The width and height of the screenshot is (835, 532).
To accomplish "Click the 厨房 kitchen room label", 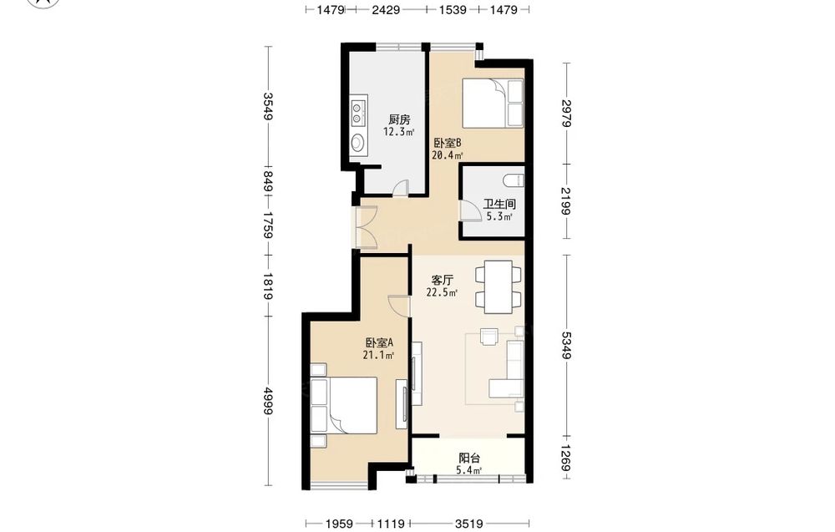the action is tap(399, 119).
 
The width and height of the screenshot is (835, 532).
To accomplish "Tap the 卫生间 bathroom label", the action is tap(499, 204).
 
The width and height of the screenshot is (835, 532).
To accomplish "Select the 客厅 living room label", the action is tap(442, 280).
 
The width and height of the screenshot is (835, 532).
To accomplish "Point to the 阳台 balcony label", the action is tap(469, 458).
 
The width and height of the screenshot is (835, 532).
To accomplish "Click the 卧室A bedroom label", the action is tap(378, 342).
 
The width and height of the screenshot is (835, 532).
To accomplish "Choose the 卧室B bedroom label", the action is tap(447, 143).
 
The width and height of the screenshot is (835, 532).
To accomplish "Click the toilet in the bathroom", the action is tap(514, 180).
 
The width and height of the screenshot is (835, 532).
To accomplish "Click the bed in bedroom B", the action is tap(493, 104).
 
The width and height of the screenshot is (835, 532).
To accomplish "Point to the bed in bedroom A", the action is tap(344, 405).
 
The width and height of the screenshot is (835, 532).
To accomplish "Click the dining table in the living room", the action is tap(498, 286).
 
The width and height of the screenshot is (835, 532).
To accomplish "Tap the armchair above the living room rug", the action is tap(488, 337).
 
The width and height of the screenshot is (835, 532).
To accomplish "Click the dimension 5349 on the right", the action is tap(567, 345).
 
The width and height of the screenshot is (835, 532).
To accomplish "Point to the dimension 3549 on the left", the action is tap(268, 107).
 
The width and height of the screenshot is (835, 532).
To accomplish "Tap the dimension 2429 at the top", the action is tap(386, 9).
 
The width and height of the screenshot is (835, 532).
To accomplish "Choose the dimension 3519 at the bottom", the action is tap(468, 524).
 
